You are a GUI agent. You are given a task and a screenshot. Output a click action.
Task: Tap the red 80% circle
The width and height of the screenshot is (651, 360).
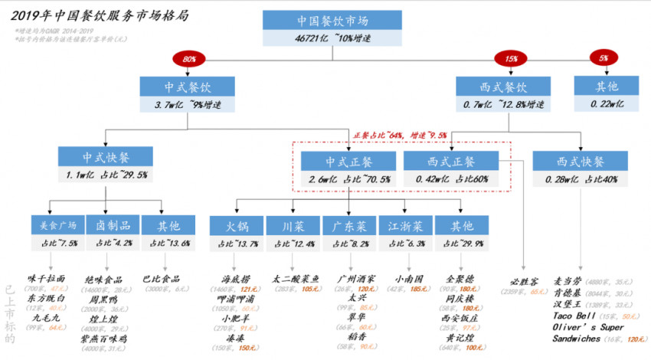(188, 58)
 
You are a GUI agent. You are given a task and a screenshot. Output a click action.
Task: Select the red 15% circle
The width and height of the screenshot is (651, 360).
(506, 58)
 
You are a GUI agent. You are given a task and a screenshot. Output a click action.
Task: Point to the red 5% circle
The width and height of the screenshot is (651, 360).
(603, 58)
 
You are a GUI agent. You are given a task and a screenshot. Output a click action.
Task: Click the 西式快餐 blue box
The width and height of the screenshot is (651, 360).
(579, 161)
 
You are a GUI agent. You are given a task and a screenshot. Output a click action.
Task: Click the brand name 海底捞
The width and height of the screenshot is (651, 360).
(234, 280)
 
